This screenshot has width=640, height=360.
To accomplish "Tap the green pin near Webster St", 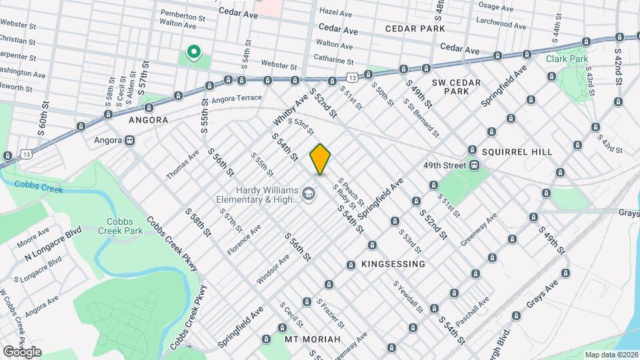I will [x=194, y=52].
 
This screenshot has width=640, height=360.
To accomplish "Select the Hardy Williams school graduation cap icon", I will [x=308, y=194].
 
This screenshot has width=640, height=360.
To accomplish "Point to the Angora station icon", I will [x=129, y=141].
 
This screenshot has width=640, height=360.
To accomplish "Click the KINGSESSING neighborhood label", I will [x=393, y=264].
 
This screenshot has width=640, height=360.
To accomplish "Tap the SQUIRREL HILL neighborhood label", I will [x=515, y=152].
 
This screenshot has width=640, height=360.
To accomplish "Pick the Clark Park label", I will [x=567, y=59].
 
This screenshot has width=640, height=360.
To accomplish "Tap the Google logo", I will [x=22, y=351].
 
